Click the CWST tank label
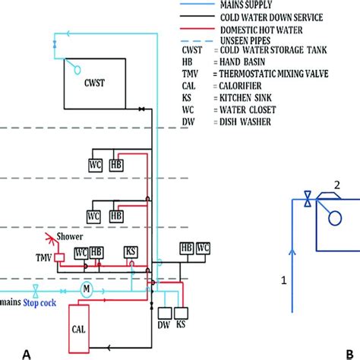coord(94,83)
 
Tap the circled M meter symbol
coord(87,289)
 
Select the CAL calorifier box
coord(79,329)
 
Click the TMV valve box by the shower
coord(60,257)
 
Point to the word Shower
coord(70,236)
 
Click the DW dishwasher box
coord(165,313)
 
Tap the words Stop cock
coord(39,303)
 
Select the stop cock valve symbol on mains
coord(36,291)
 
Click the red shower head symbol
coord(52,239)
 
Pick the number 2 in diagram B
coord(337,185)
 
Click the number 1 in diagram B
coord(284,280)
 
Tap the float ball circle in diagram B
coord(335,218)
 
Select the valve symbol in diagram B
coord(308,199)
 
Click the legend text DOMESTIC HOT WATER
coord(261,30)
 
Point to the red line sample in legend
coord(197,29)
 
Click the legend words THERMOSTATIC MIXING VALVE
coord(273,74)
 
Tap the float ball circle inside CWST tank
coord(77,70)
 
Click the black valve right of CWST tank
coord(141,109)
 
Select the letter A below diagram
coord(27,355)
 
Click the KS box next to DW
coord(181,313)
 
